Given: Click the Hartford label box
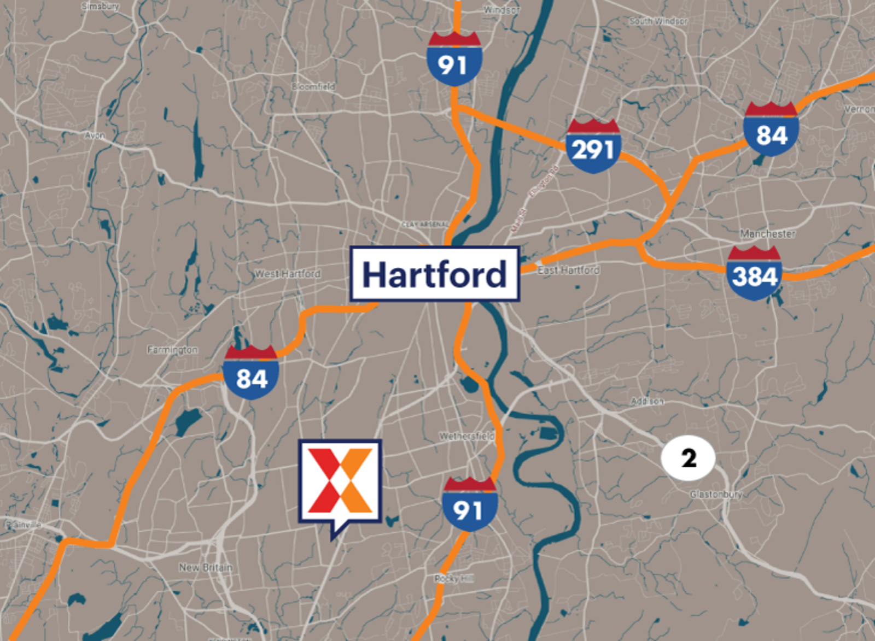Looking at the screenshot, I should pyautogui.click(x=435, y=274).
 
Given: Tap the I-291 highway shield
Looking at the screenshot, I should pyautogui.click(x=593, y=146).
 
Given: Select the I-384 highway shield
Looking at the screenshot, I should pyautogui.click(x=755, y=273).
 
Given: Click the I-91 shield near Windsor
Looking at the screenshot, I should pyautogui.click(x=454, y=60).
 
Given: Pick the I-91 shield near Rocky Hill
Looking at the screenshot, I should pyautogui.click(x=469, y=505).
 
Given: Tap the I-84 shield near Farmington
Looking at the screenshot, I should pyautogui.click(x=251, y=373).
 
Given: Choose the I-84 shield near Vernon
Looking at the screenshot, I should pyautogui.click(x=771, y=130).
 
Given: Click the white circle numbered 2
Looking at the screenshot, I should pyautogui.click(x=688, y=458).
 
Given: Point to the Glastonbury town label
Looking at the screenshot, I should pyautogui.click(x=716, y=494).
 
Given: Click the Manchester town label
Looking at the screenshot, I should pyautogui.click(x=767, y=234).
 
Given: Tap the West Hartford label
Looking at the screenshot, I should pyautogui.click(x=288, y=274).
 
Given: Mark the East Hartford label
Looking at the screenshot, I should pyautogui.click(x=569, y=270).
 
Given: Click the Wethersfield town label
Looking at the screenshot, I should pyautogui.click(x=466, y=436).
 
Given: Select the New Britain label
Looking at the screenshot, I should pyautogui.click(x=206, y=568).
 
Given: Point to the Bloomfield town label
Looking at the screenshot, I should pyautogui.click(x=313, y=86).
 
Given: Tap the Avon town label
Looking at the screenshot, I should pyautogui.click(x=95, y=135).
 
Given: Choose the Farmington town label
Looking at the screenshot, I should pyautogui.click(x=172, y=350).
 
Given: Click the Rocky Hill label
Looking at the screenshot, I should pyautogui.click(x=454, y=579).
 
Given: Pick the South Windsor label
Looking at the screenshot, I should pyautogui.click(x=658, y=21).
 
